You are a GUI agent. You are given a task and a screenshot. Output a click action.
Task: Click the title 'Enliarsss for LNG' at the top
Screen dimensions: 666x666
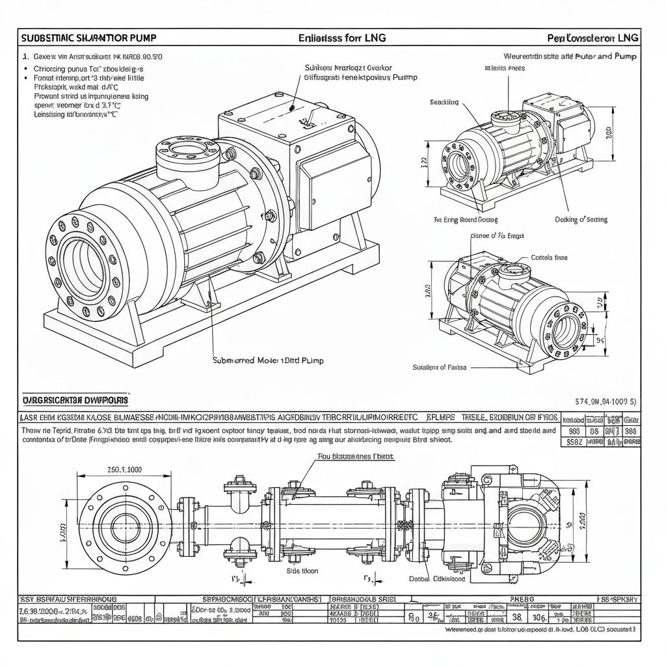[x=341, y=38]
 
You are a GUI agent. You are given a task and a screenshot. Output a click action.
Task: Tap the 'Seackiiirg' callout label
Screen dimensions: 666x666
[x=444, y=102]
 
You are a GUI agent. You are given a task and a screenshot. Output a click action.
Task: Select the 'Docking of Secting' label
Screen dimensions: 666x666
[x=581, y=220]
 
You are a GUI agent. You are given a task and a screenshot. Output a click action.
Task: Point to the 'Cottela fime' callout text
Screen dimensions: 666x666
[x=550, y=258]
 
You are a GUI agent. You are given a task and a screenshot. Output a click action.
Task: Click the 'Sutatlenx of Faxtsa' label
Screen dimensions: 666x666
[x=439, y=367]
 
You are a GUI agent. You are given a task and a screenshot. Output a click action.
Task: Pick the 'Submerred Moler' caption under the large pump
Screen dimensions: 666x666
[x=268, y=360]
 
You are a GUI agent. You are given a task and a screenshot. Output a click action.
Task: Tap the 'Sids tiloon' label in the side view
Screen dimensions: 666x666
[x=302, y=570]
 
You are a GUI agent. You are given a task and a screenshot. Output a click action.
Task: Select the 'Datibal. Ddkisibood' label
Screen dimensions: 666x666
[x=436, y=578]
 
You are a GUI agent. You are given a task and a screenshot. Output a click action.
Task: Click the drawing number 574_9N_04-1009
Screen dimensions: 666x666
[x=606, y=401]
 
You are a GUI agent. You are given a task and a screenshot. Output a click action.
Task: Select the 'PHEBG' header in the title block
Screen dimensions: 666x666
[x=522, y=598]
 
